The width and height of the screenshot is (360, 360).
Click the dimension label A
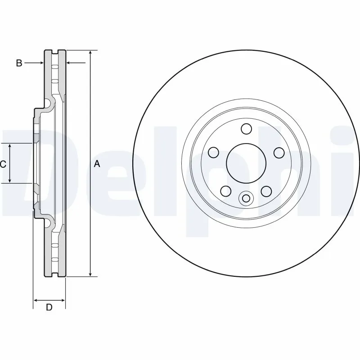click(97, 164)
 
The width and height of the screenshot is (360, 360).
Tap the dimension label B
click(19, 63)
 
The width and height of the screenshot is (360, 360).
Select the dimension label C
click(3, 164)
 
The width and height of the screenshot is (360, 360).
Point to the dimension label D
click(49, 308)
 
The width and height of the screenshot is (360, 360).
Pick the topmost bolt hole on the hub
click(246, 129)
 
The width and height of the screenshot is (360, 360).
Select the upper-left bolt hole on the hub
click(214, 152)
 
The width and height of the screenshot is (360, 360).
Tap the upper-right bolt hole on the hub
click(279, 152)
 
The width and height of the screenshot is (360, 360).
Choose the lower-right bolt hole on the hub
click(266, 191)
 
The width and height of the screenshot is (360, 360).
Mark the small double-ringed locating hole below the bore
click(246, 198)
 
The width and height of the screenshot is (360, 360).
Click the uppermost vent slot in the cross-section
click(55, 67)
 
